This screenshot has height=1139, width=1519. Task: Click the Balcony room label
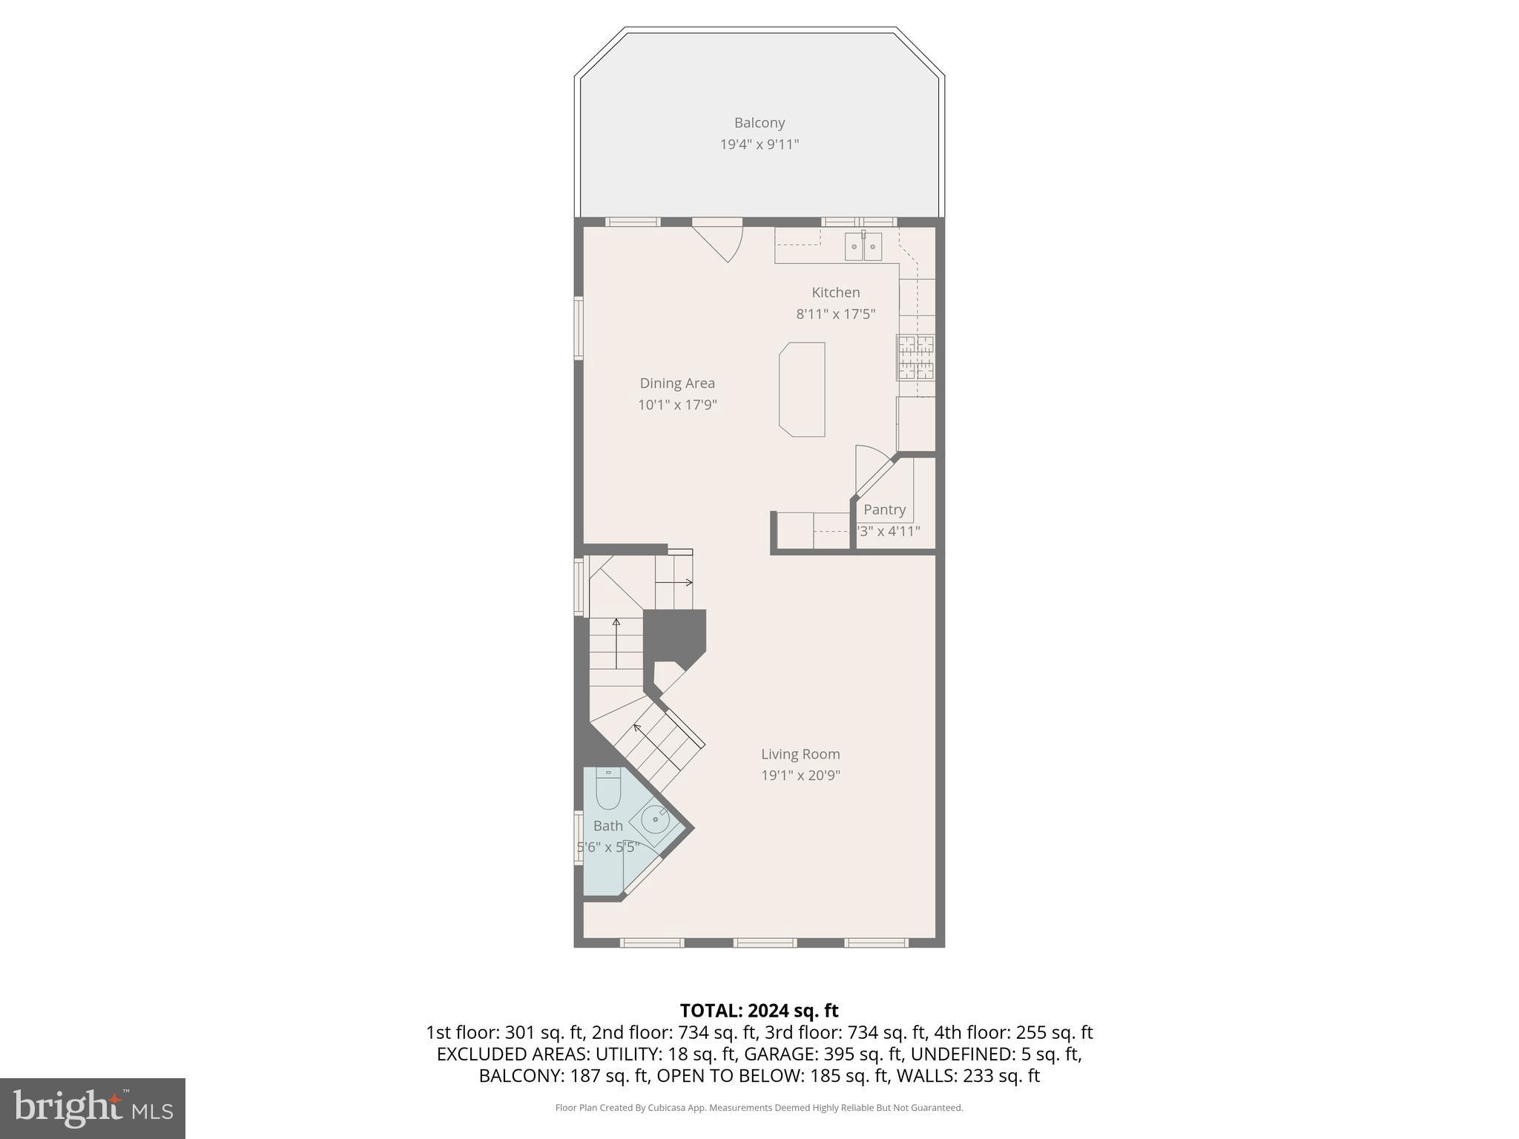pos(759,123)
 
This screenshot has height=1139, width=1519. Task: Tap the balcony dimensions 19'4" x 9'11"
pos(759,145)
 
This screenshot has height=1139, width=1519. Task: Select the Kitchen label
pos(835,293)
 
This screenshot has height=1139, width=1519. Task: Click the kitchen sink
pos(863,246)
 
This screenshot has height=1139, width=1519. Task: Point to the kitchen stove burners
pos(915,357)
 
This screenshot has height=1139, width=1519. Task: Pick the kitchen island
pos(802,389)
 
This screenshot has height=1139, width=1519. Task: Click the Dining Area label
pos(677,383)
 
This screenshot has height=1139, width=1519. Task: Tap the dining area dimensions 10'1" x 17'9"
pos(677,405)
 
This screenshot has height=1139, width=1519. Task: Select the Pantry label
pos(884,510)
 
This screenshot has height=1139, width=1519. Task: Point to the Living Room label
pos(800,754)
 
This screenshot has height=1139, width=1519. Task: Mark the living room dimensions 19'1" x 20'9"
pos(800,776)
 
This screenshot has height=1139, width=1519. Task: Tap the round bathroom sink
pos(655,820)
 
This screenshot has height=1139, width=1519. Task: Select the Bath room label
pos(607,826)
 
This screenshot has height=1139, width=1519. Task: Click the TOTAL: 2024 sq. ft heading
pos(759,1011)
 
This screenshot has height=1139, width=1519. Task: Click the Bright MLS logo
pos(92,1108)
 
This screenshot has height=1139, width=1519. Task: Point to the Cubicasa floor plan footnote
pos(759,1108)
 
